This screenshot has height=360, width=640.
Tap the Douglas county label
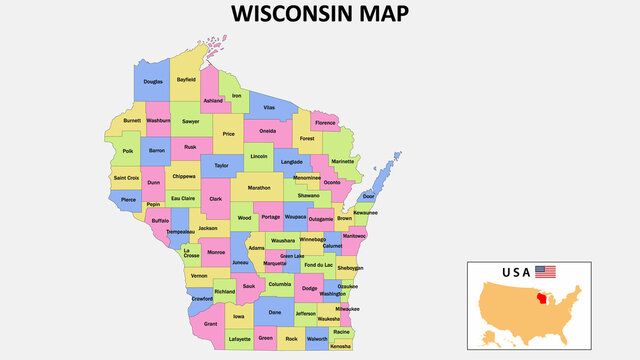[x=153, y=82]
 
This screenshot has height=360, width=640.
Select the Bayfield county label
[x=186, y=78]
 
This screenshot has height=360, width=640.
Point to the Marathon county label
[x=259, y=187]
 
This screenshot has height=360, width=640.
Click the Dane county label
[x=275, y=313]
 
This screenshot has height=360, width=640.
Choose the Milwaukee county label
[x=347, y=309]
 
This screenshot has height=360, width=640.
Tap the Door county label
[x=369, y=196]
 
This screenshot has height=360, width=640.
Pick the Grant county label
[x=210, y=324]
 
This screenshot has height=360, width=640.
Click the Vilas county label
[x=269, y=107]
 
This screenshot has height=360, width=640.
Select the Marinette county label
[x=342, y=161]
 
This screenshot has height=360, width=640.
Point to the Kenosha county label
[x=341, y=346]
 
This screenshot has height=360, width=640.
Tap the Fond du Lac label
[x=320, y=265]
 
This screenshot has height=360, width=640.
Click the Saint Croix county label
[x=127, y=178]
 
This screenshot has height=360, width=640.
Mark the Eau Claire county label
[x=182, y=198]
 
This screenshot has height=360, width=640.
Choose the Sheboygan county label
[x=350, y=268]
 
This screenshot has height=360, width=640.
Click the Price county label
[x=229, y=133]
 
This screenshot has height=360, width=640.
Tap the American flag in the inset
[x=545, y=271]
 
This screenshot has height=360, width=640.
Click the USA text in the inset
[x=516, y=271]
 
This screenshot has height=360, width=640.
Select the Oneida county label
[x=267, y=131]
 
